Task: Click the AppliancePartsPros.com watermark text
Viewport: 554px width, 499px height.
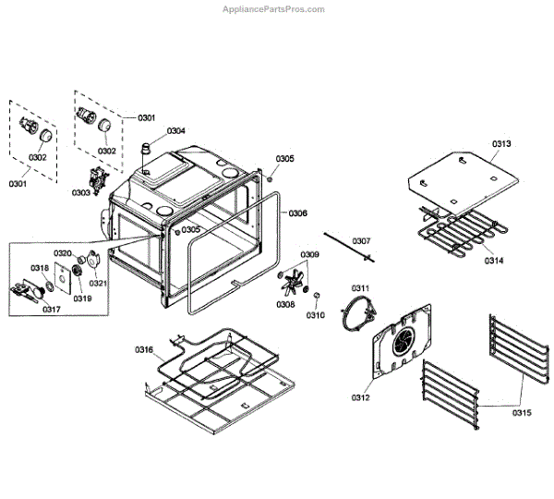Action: click(x=274, y=9)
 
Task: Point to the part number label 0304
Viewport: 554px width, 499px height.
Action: click(x=176, y=131)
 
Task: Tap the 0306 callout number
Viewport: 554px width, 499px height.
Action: click(x=297, y=213)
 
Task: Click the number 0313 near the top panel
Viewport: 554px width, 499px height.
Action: click(x=501, y=143)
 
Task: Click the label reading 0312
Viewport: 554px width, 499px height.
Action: click(x=359, y=397)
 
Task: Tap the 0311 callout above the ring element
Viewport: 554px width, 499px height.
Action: click(x=359, y=289)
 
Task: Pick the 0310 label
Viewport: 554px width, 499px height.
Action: click(x=316, y=315)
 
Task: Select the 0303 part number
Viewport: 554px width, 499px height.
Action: click(x=80, y=193)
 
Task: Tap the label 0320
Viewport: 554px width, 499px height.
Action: click(x=63, y=253)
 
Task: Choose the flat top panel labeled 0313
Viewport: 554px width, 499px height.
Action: click(x=462, y=176)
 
